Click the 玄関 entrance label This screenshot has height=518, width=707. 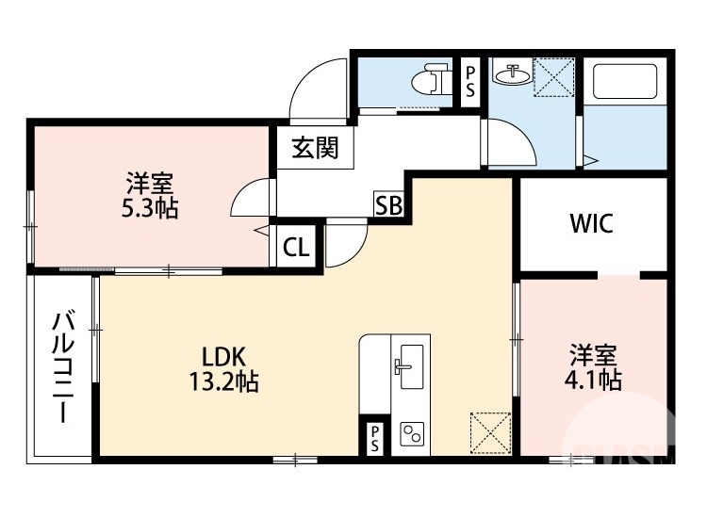point(314,149)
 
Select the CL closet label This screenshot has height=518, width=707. point(296,248)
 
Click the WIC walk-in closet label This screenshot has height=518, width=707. point(591,224)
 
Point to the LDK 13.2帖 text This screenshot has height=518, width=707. point(223,368)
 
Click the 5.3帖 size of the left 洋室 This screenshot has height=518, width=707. point(150,208)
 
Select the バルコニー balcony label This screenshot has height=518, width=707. point(63,366)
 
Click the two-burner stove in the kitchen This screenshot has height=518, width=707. point(412,434)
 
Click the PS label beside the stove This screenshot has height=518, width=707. point(374,437)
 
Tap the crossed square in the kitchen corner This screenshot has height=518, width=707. point(489,432)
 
